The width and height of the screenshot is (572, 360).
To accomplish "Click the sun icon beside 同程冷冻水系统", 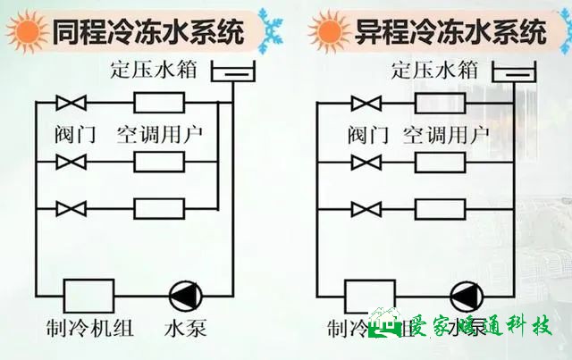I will point(28,33).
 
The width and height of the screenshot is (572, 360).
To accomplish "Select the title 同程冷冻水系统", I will point(147,33).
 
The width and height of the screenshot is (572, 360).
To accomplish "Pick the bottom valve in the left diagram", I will point(71,209).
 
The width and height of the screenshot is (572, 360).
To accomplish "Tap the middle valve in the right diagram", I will point(365,162).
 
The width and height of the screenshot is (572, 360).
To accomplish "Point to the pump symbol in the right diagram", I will point(466,296).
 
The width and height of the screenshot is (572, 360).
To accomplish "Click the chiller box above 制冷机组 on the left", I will point(88,296).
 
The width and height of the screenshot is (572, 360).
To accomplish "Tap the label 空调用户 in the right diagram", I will point(442,135).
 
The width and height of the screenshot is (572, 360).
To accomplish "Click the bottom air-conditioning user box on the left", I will point(159,209).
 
